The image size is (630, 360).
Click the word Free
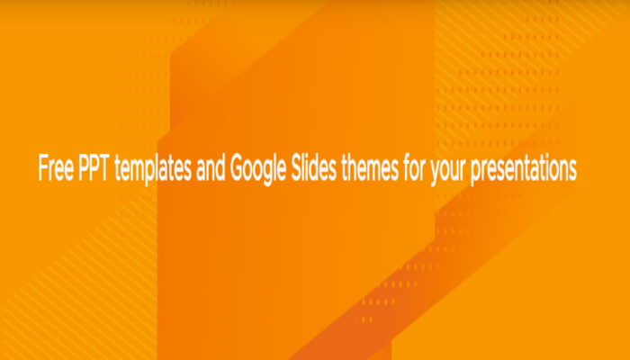point(56,168)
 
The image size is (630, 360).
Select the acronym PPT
point(94,168)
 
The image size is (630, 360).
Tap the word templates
point(153,170)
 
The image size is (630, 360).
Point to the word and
point(211,168)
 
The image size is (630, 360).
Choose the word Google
point(258,170)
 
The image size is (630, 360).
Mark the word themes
point(370,168)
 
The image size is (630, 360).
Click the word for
point(415,168)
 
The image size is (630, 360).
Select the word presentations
point(524,170)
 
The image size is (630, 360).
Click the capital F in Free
point(43,168)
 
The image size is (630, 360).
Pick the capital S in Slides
point(297,168)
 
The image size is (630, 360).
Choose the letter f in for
point(406,168)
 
